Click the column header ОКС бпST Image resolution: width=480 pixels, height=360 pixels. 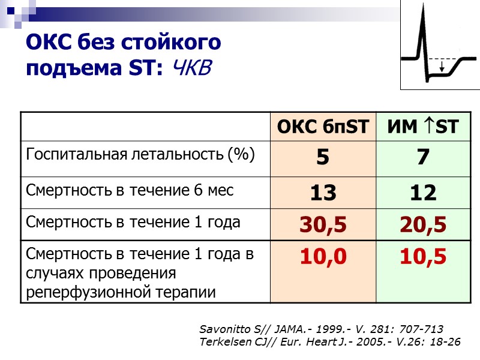(323, 127)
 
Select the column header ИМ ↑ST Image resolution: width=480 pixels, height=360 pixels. (423, 127)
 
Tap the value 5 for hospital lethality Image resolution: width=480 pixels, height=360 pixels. (323, 158)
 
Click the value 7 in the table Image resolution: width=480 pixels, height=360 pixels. (423, 158)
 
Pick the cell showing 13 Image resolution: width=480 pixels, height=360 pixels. (323, 193)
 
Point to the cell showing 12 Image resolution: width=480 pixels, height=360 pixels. (423, 193)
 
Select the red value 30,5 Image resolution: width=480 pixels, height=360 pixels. (323, 224)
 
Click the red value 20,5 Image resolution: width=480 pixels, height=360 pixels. (423, 224)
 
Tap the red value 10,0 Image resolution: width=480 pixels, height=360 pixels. (323, 256)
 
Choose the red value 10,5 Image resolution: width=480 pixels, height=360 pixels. (423, 256)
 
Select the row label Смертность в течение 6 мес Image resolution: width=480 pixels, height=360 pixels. (129, 190)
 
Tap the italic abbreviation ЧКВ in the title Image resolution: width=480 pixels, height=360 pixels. (191, 68)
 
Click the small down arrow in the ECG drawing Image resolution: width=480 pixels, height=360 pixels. (442, 67)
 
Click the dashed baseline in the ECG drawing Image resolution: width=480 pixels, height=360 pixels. (447, 59)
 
